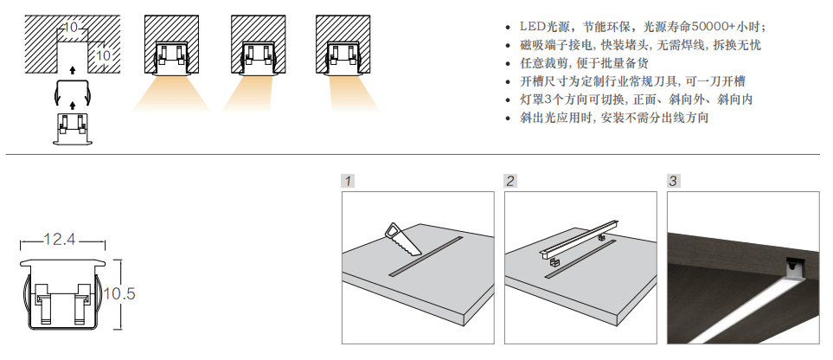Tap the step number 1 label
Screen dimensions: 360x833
point(348,182)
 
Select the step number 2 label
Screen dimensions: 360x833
point(510,182)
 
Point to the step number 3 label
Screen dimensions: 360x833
point(673,182)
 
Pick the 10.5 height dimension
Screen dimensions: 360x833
point(119,294)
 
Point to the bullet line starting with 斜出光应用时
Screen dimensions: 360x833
point(614,119)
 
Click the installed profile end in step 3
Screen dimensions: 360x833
point(791,270)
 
